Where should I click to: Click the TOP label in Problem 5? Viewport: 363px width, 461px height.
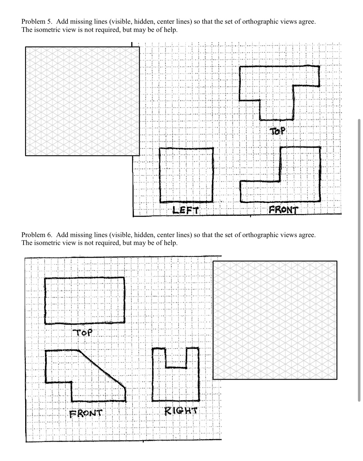click(278, 131)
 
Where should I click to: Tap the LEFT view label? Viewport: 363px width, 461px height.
click(186, 210)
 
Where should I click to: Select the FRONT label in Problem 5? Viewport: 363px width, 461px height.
click(283, 210)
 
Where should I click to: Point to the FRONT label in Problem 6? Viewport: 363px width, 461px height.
click(86, 413)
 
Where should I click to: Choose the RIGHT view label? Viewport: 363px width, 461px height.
click(181, 410)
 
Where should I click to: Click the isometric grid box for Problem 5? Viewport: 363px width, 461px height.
click(82, 101)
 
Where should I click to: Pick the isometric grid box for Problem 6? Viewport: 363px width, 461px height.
click(275, 320)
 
